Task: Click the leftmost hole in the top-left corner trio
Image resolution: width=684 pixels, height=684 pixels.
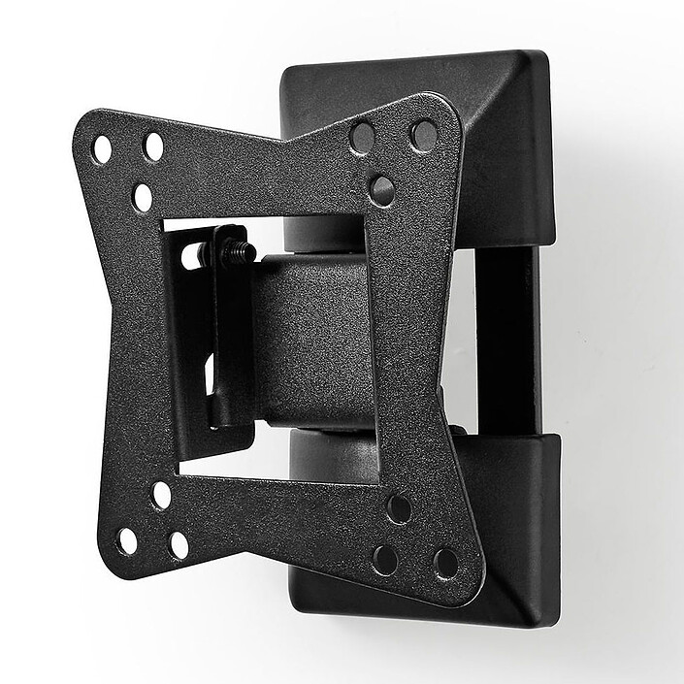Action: [102, 150]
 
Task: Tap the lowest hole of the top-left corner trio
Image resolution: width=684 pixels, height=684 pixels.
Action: [143, 197]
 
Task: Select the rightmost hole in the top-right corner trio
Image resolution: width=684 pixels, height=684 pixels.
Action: [423, 135]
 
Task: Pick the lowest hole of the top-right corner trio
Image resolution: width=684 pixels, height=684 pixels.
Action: [381, 189]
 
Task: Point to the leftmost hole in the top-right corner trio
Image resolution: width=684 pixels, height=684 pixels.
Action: [363, 137]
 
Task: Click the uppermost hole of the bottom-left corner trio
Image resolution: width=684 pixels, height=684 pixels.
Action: [161, 495]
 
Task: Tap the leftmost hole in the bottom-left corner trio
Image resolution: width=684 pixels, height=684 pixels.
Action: [127, 540]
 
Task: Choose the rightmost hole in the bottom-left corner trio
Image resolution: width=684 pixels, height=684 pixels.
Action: [179, 545]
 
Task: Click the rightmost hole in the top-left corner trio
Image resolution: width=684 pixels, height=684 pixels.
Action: [153, 147]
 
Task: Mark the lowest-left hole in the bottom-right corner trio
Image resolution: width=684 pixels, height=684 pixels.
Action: [385, 560]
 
